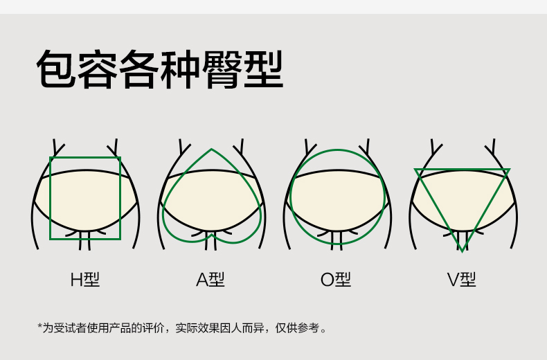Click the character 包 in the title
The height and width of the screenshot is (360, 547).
pos(56,69)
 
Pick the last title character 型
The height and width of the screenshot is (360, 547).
pos(264,69)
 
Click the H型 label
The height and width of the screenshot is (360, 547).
pos(85,280)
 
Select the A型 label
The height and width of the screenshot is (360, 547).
pos(210,280)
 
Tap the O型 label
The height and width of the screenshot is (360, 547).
pos(336,280)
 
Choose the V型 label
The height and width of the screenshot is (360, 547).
pos(461,280)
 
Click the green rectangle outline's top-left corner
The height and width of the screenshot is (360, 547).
pos(51,158)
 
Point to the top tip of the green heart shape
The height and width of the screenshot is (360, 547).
pos(211,150)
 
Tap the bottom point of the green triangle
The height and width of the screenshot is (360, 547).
pos(462,250)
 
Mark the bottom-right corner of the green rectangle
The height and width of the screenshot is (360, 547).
pos(120,239)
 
